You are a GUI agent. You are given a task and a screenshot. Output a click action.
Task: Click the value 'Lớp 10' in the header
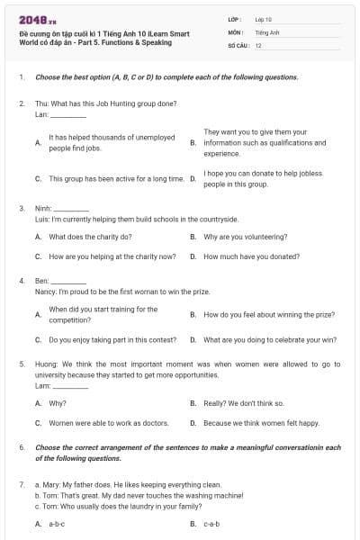[x=265, y=18]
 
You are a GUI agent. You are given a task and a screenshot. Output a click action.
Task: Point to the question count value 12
[x=258, y=45]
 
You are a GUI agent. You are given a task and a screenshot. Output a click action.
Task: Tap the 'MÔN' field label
[x=235, y=31]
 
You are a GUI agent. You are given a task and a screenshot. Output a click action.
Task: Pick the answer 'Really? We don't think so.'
[x=243, y=403]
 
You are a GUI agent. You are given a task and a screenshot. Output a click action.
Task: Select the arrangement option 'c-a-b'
[x=211, y=523]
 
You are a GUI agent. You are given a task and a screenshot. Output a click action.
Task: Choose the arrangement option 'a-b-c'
[x=57, y=523]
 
